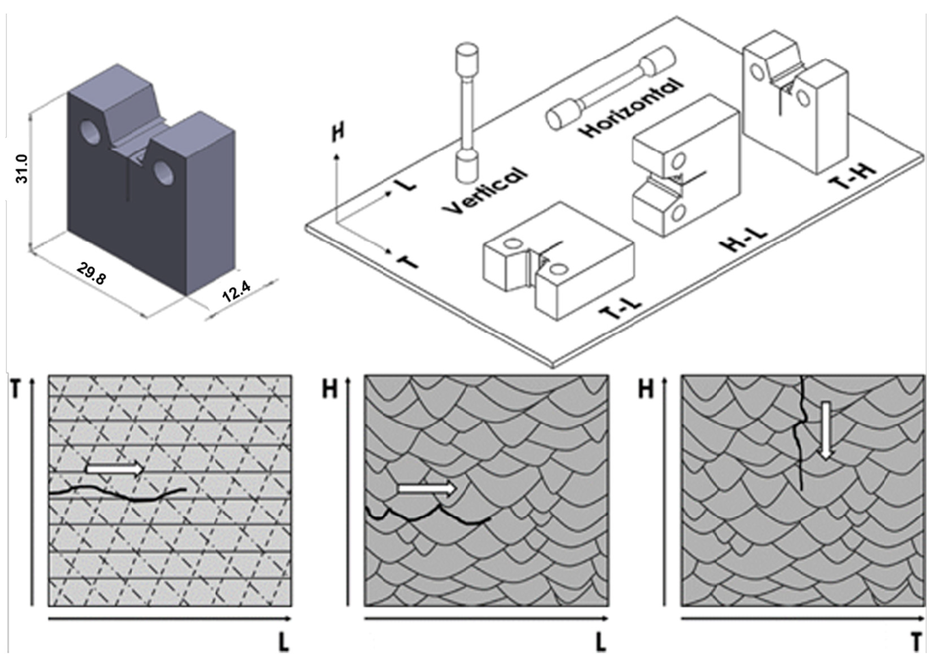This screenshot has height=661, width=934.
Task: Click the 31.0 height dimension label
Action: pyautogui.click(x=21, y=169)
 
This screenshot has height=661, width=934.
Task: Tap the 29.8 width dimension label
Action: pyautogui.click(x=92, y=272)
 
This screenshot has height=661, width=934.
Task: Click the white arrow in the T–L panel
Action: pyautogui.click(x=115, y=469)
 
